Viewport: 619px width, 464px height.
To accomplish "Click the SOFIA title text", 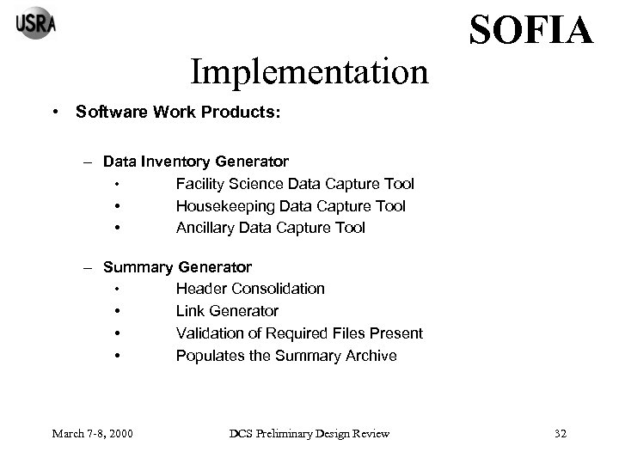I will point(530,31).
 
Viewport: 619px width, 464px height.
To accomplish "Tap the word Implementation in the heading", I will point(309,72).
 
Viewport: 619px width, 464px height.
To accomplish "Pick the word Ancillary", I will point(205,228).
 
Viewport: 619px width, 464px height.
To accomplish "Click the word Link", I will point(190,311).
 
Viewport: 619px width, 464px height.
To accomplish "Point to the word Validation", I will point(211,333).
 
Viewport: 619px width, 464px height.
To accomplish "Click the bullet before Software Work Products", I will point(54,113).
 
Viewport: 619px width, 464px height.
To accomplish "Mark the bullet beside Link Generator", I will point(115,311).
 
